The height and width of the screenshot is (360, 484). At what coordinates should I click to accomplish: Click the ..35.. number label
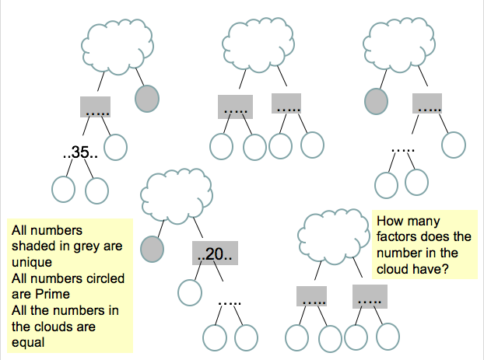pyautogui.click(x=79, y=153)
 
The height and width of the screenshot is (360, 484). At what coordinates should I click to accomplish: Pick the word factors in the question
pyautogui.click(x=397, y=236)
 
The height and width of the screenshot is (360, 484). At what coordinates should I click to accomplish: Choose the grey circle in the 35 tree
pyautogui.click(x=147, y=98)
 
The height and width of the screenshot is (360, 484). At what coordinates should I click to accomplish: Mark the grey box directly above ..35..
pyautogui.click(x=95, y=107)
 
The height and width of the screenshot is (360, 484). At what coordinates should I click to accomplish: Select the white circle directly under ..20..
pyautogui.click(x=189, y=291)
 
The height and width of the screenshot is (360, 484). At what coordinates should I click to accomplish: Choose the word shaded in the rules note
pyautogui.click(x=34, y=245)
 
